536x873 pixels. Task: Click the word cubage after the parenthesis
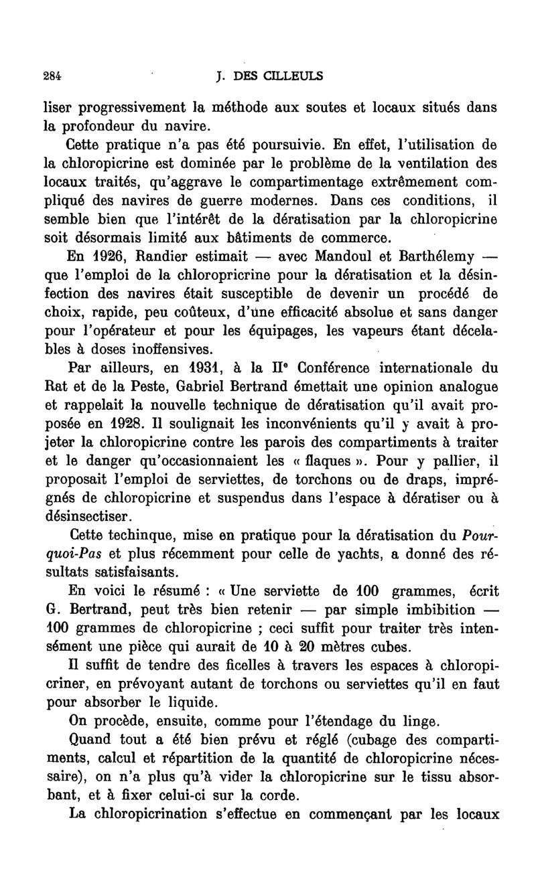pos(375,740)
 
